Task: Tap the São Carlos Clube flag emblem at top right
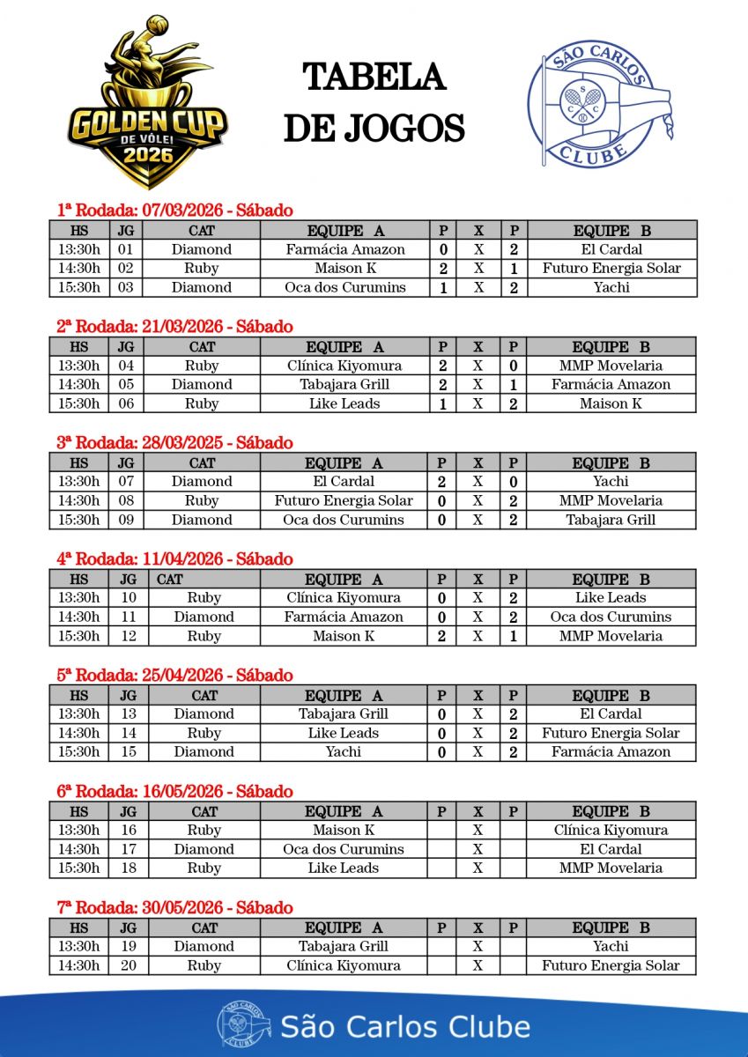coord(603,104)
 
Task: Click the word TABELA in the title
coord(374,78)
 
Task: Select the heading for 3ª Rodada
coord(174,443)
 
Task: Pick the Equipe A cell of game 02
coord(345,269)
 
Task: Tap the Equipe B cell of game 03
coord(611,287)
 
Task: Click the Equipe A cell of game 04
coord(344,366)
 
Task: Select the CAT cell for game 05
coord(202,385)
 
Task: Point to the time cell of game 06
coord(79,403)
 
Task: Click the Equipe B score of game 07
coord(513,482)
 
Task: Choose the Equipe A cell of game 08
coord(344,500)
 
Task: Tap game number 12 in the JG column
coord(127,636)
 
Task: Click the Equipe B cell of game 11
coord(611,617)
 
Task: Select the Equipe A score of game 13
coord(442,714)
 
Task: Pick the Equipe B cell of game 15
coord(611,752)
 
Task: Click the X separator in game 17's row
coord(478,849)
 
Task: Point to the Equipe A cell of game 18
coord(344,869)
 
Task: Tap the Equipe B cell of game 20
coord(611,965)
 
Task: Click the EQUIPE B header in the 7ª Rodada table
coord(611,928)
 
